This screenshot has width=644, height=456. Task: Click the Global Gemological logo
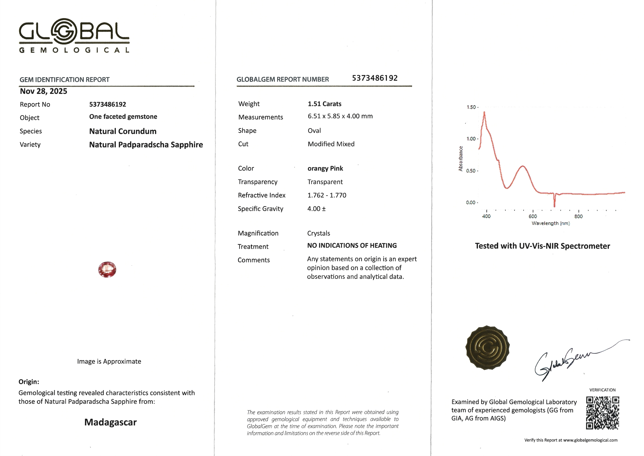(74, 35)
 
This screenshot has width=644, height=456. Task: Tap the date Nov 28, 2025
(44, 91)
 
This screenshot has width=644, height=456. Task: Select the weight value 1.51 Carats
(324, 104)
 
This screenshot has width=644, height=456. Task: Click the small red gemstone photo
(107, 269)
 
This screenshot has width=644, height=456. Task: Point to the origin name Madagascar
(110, 422)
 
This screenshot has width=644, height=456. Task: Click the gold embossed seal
(488, 348)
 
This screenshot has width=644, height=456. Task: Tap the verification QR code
(602, 413)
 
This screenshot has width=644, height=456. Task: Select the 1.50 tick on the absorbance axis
(471, 107)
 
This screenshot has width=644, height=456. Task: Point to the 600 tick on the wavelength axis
(533, 216)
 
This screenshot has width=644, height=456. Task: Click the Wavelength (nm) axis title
(551, 223)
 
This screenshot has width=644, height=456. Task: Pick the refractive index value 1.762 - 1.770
(327, 195)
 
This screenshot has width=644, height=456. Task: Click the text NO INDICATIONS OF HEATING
(352, 245)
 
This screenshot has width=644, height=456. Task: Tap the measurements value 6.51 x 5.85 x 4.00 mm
(340, 116)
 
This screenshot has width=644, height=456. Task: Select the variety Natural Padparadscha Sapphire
(146, 145)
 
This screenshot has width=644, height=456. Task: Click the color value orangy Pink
(325, 168)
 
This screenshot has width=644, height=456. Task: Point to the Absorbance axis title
(460, 158)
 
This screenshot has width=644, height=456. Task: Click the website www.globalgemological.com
(590, 440)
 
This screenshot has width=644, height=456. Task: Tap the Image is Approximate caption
(109, 361)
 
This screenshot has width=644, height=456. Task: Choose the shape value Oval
(314, 131)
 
